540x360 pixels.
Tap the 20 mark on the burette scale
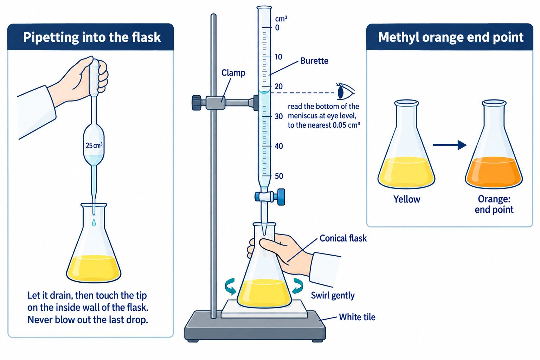tap(278, 86)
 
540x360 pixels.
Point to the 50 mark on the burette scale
tap(279, 176)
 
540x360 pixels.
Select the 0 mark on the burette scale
tap(277, 28)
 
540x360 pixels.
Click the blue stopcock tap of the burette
tap(270, 197)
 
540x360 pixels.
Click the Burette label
tap(314, 61)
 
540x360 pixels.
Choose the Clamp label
tap(233, 73)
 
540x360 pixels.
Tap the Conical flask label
tap(343, 238)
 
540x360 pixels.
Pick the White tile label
tap(357, 317)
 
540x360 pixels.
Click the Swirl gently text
tap(333, 296)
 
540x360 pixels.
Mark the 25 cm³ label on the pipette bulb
tap(94, 146)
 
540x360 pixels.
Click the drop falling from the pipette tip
tap(94, 222)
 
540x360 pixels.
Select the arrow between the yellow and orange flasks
tap(450, 145)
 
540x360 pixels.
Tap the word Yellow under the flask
tap(407, 199)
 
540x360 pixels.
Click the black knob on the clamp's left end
tap(197, 103)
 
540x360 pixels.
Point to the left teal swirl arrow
tap(230, 286)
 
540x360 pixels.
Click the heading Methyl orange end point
tap(451, 37)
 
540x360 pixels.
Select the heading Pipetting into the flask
tap(92, 37)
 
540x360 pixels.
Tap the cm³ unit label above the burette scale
tap(281, 19)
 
